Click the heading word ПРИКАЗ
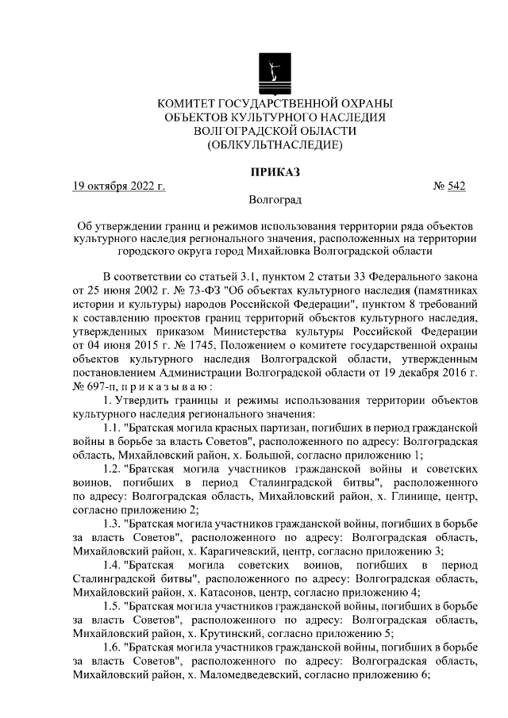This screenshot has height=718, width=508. coord(275,171)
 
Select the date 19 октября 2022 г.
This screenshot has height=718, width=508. coord(118,186)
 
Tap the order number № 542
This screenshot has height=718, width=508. coord(448,186)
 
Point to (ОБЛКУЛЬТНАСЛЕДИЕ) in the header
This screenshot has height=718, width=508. coord(275,144)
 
